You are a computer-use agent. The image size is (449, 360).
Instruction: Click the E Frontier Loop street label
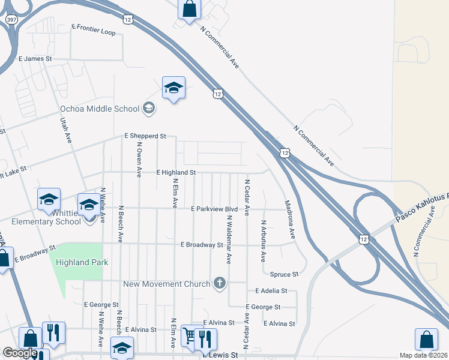[93, 28]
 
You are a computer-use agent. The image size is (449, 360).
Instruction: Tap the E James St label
[35, 59]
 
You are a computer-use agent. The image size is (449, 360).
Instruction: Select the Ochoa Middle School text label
[100, 109]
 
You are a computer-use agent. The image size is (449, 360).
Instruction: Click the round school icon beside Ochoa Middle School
[149, 109]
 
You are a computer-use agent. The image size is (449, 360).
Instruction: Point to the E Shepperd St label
[145, 136]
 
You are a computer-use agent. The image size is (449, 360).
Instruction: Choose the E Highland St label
[176, 172]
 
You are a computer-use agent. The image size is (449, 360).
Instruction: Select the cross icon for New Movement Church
[220, 283]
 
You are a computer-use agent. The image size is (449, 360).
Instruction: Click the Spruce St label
[284, 274]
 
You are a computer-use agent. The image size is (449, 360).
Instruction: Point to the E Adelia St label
[271, 290]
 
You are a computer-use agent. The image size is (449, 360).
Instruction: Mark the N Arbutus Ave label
[263, 241]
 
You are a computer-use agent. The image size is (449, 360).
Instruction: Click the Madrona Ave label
[290, 217]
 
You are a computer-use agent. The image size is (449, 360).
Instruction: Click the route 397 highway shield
[11, 20]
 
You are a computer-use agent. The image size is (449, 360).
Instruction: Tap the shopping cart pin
[189, 336]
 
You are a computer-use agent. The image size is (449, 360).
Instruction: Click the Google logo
[20, 353]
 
